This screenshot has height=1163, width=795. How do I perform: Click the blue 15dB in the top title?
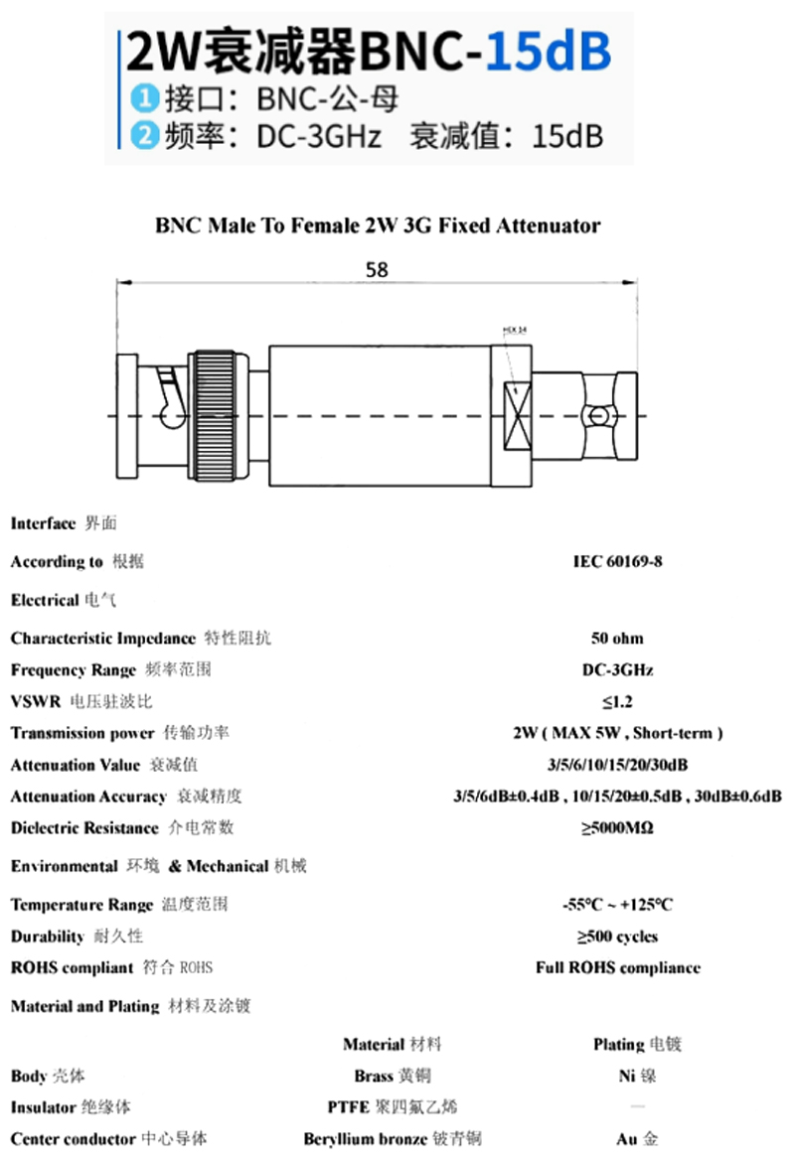[x=547, y=53]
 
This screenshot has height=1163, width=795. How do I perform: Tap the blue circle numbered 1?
[x=145, y=98]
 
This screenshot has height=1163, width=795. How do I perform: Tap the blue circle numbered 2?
[x=145, y=134]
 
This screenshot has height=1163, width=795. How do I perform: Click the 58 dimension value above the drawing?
[x=377, y=269]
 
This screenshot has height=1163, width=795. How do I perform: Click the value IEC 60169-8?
[x=617, y=561]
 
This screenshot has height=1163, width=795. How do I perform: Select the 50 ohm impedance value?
[x=617, y=638]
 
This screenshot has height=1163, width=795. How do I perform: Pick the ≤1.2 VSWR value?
[x=617, y=701]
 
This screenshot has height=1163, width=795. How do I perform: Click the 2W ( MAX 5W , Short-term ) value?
[x=617, y=733]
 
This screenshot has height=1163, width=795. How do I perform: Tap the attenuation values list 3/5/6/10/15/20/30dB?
[x=617, y=765]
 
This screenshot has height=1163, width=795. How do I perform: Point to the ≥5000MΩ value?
[x=617, y=827]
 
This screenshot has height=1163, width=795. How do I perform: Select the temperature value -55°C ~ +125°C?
[x=617, y=905]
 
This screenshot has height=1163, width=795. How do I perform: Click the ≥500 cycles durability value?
[x=617, y=937]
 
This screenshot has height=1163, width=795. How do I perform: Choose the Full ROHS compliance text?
[x=617, y=967]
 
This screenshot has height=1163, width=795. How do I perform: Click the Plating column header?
[x=637, y=1044]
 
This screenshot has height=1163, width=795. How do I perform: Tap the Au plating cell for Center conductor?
[x=637, y=1139]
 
